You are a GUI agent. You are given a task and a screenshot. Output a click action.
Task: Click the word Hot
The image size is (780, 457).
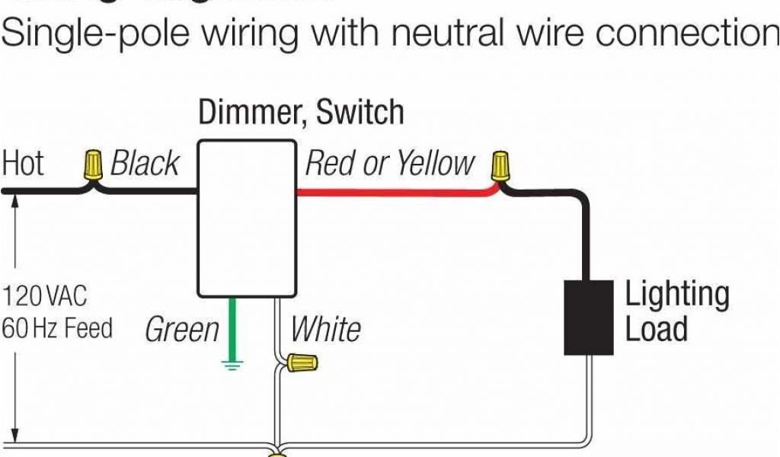click(24, 164)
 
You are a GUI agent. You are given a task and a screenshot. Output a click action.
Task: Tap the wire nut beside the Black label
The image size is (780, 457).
click(93, 165)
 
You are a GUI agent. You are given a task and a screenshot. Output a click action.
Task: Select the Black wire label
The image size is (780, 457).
click(145, 164)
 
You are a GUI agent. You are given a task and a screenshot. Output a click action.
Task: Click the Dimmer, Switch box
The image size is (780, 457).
click(247, 217)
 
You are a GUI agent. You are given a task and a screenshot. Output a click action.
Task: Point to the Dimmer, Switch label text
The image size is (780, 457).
click(301, 113)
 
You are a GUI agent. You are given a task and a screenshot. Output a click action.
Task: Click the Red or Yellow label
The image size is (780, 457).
click(389, 164)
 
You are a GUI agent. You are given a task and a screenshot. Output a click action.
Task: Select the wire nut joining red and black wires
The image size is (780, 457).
click(500, 165)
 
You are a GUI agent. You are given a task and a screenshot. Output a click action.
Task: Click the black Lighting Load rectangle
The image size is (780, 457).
click(588, 317)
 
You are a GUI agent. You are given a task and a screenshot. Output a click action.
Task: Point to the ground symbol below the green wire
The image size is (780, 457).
click(232, 364)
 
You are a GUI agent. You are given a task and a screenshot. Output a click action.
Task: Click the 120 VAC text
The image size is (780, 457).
click(45, 296)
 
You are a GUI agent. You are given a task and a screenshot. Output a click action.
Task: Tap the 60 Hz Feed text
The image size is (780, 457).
click(57, 329)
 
